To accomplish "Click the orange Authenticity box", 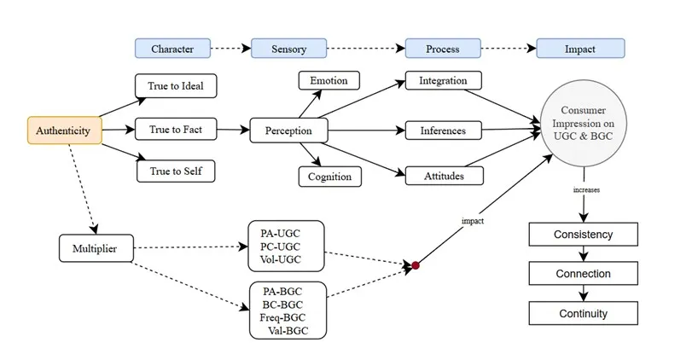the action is pos(65,131).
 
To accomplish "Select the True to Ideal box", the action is pos(176,85).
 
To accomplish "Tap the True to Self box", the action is pos(176,171).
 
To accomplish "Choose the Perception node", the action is pos(288,131).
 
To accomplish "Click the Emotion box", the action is pos(329,81).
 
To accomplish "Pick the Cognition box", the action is pos(329,177).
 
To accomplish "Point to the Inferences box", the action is pos(443,131).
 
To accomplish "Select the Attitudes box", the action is pos(444,176).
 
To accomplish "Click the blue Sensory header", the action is pos(288,49).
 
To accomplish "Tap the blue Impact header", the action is pos(580,49).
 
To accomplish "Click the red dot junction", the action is pos(416,265).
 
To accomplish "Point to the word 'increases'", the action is pos(586,189).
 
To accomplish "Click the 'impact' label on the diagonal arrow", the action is pos(473,221).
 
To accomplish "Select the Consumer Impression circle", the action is pos(584,123).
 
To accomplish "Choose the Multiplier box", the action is pos(96,248).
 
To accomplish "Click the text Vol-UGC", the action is pos(280,259).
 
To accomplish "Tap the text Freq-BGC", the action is pos(282,317).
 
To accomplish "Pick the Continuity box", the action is pos(584,313).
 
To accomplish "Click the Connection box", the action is pos(584,274).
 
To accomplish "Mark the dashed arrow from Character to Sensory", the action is pos(231,49).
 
